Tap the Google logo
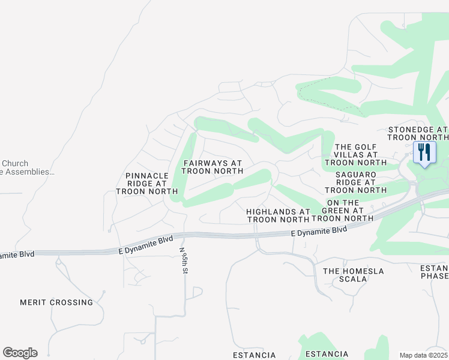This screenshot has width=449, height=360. pos(20,353)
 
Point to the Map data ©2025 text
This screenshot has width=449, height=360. pos(423,355)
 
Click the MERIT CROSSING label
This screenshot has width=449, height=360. pos(56,302)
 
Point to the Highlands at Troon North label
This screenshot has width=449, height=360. pos(278,215)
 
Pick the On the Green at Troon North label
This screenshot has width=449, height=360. pos(348,211)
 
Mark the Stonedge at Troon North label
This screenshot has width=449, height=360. pos(418,133)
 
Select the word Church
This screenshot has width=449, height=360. pos(15,163)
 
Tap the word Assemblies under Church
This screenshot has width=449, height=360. pos(30,172)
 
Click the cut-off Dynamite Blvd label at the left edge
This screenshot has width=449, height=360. pos(17,255)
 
